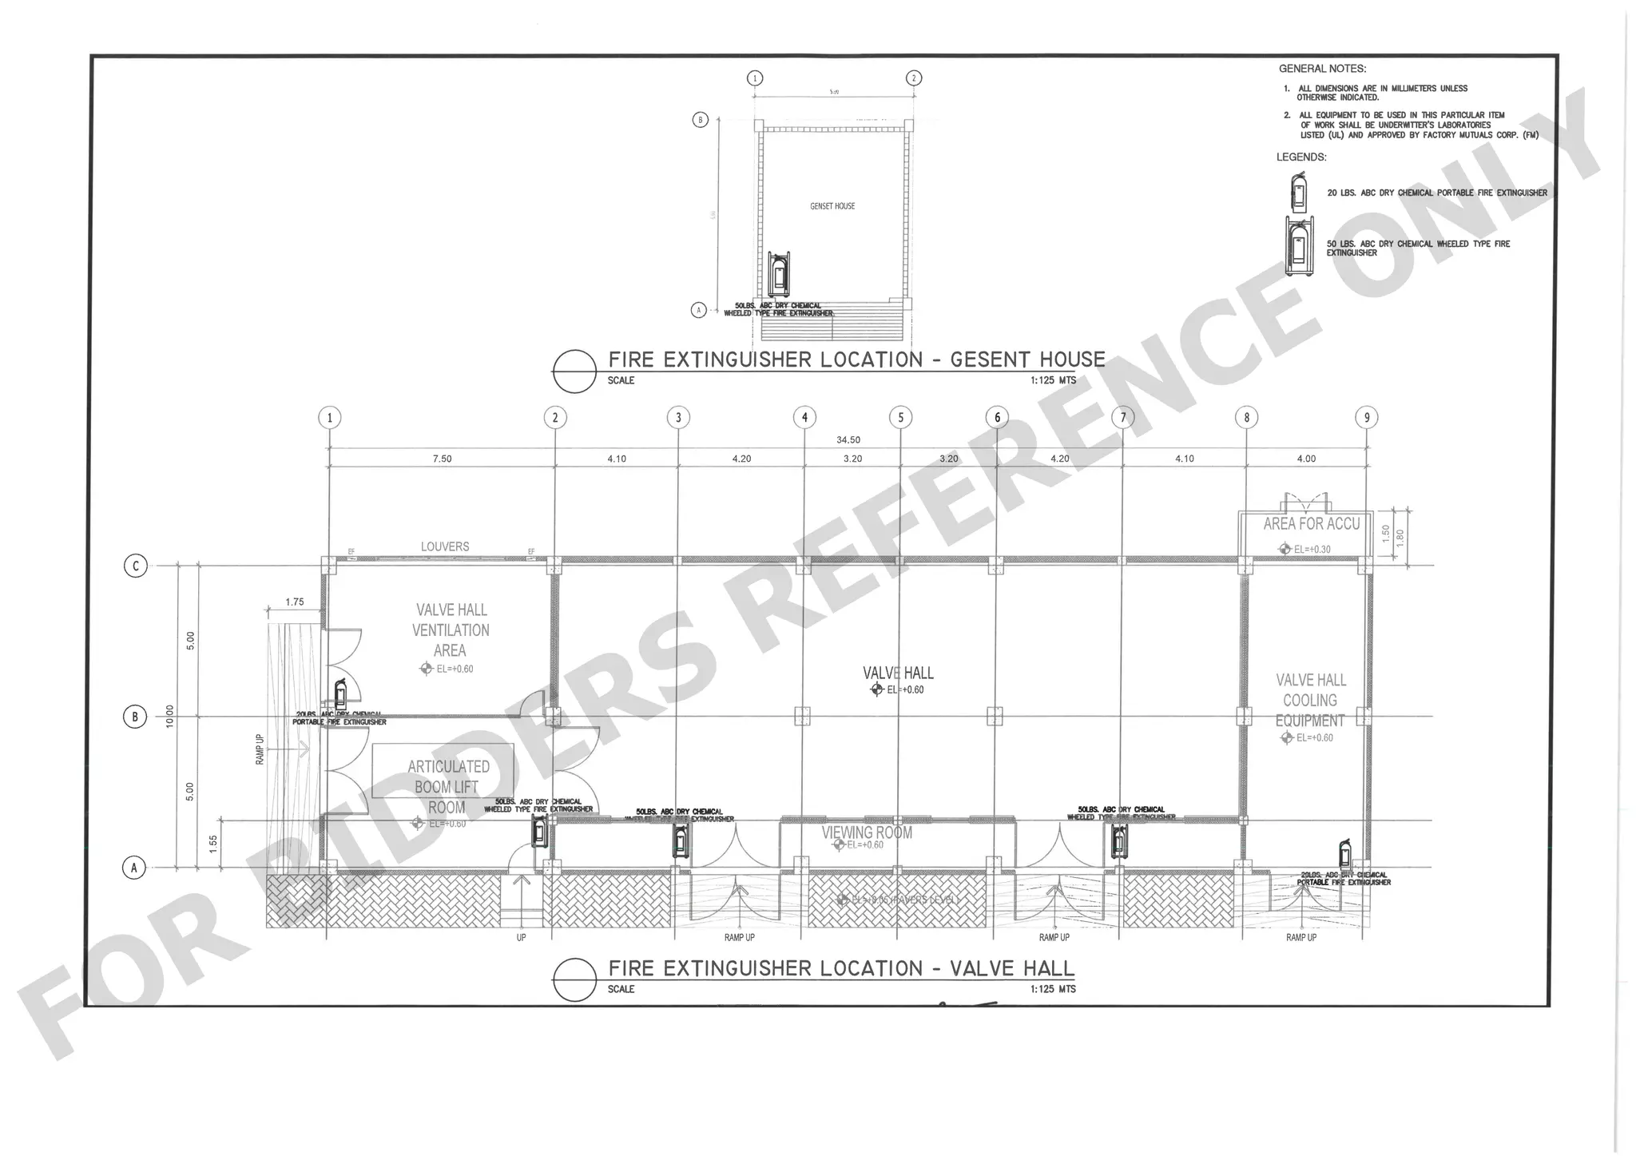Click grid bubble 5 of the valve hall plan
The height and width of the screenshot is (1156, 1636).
coord(900,417)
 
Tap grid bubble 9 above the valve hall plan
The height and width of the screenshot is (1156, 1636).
coord(1366,417)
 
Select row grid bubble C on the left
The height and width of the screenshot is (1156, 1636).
coord(135,566)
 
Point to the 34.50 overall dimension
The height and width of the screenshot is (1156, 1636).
coord(848,440)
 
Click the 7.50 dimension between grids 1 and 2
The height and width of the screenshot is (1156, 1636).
coord(442,459)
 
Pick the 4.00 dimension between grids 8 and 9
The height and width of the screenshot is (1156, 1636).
coord(1306,459)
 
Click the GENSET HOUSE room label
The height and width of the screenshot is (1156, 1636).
coord(832,206)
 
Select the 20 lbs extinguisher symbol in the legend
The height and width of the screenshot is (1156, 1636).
coord(1300,193)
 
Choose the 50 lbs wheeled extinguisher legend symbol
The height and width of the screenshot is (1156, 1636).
coord(1300,246)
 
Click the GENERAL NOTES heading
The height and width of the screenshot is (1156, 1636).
coord(1322,69)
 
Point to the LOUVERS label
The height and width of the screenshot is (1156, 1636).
coord(445,546)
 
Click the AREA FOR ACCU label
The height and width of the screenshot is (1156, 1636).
coord(1311,524)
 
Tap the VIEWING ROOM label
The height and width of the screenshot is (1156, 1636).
coord(867,832)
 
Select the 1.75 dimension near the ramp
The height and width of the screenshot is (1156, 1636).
coord(294,602)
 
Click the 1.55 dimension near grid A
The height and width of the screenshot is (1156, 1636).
coord(213,844)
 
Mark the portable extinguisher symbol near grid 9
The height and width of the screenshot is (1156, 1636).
coord(1346,853)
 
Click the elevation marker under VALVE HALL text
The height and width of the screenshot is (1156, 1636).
coord(877,689)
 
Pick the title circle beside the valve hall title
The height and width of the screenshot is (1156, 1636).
coord(574,979)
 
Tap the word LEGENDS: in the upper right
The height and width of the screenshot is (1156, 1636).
coord(1301,157)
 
